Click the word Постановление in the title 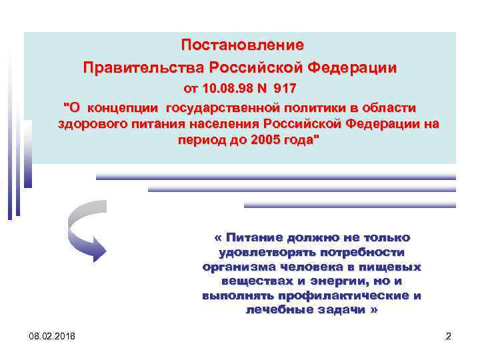242,45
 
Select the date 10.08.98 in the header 228,89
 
